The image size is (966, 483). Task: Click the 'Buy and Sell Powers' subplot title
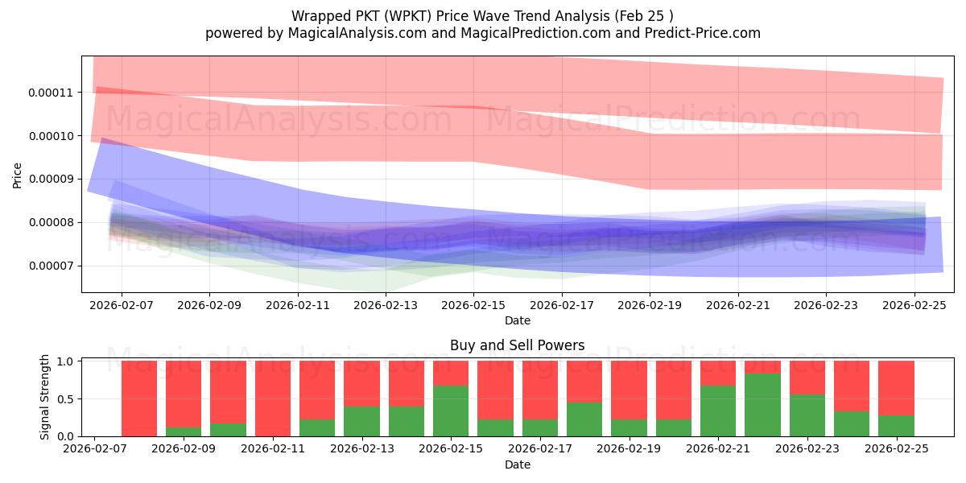517,345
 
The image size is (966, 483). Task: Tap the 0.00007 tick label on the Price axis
51,266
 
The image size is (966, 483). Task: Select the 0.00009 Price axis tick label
51,179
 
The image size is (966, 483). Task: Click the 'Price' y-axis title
18,174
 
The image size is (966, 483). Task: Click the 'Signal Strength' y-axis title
45,397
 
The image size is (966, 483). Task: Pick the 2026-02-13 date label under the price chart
386,305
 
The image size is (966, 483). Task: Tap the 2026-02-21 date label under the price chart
737,305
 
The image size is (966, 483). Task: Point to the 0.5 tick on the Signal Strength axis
68,398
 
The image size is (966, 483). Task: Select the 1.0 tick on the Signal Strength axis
68,361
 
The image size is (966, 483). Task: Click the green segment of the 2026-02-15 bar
451,411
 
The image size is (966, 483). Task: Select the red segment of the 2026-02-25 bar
896,387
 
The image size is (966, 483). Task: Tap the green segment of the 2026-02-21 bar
718,411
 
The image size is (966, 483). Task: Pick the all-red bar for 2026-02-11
273,398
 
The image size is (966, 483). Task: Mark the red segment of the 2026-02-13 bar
361,383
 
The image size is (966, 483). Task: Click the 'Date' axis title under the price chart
517,320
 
